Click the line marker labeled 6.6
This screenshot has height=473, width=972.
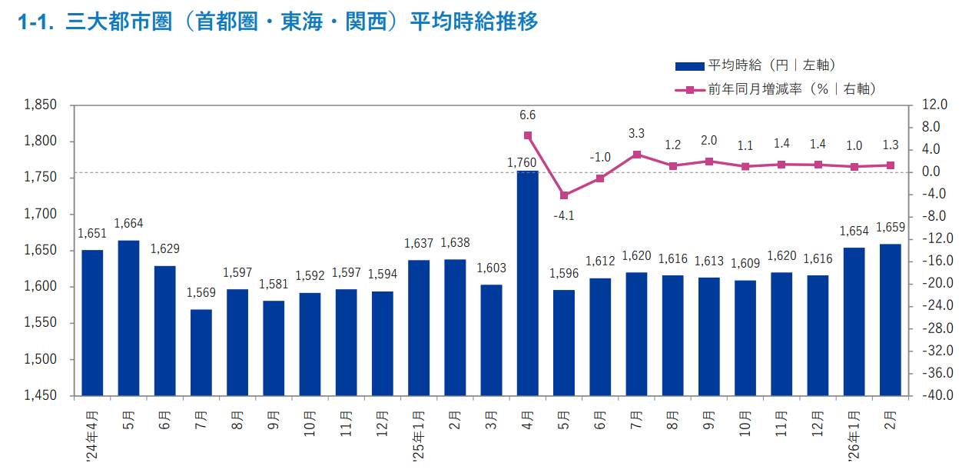[x=528, y=135]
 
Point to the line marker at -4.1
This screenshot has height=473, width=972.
[x=564, y=195]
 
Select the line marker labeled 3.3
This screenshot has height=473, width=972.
[x=636, y=154]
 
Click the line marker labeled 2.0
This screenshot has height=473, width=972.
[x=709, y=162]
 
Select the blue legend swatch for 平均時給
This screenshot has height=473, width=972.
[x=688, y=66]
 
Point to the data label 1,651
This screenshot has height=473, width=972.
[x=91, y=234]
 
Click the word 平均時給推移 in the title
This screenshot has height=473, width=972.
[x=473, y=22]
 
